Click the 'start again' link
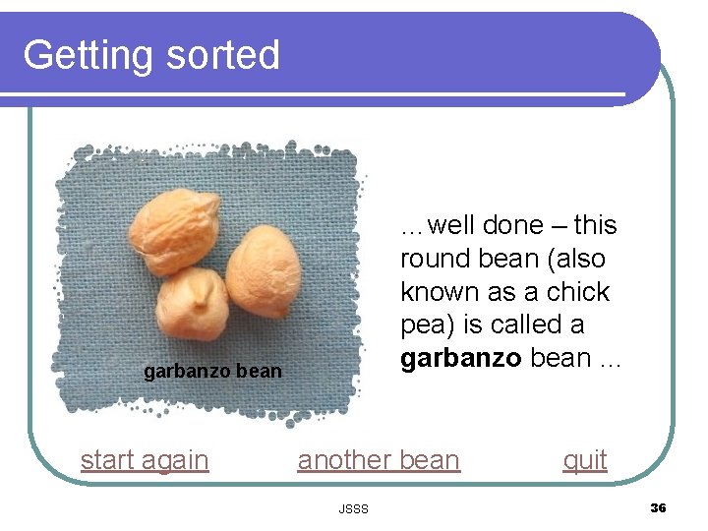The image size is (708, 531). (x=145, y=459)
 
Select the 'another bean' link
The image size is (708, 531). (x=379, y=459)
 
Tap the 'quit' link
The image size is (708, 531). (x=584, y=459)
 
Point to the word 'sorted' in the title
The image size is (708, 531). (x=223, y=55)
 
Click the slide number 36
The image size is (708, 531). (x=658, y=507)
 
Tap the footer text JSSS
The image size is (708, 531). (x=353, y=508)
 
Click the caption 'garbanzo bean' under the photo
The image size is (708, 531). (x=212, y=372)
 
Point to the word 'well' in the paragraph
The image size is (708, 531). (x=450, y=225)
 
